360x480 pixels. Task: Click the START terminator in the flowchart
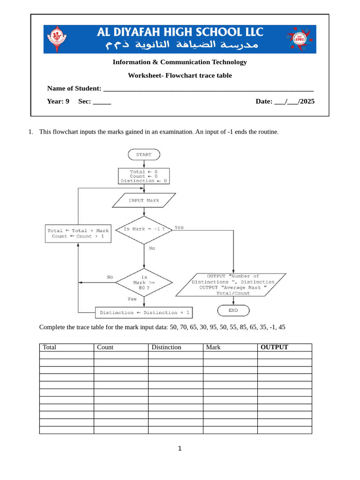coord(143,155)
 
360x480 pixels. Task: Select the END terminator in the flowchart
coord(233,310)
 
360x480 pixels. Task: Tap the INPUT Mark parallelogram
coord(144,200)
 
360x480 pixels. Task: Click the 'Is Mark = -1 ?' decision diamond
coord(144,230)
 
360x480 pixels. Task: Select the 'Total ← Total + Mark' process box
coord(78,233)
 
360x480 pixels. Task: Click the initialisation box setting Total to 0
coord(143,176)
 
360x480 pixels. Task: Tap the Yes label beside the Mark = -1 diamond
coord(179,227)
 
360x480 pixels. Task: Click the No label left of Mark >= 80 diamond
coord(110,277)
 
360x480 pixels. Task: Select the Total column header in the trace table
coord(50,347)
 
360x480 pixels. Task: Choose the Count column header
coord(105,347)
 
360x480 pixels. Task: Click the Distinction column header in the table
coord(166,347)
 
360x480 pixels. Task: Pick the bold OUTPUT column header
coord(274,347)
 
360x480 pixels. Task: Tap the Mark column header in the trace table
coord(213,347)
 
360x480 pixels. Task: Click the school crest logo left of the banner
coord(58,39)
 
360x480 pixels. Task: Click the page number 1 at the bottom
coord(180,449)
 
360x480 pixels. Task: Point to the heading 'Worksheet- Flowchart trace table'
coord(180,75)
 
